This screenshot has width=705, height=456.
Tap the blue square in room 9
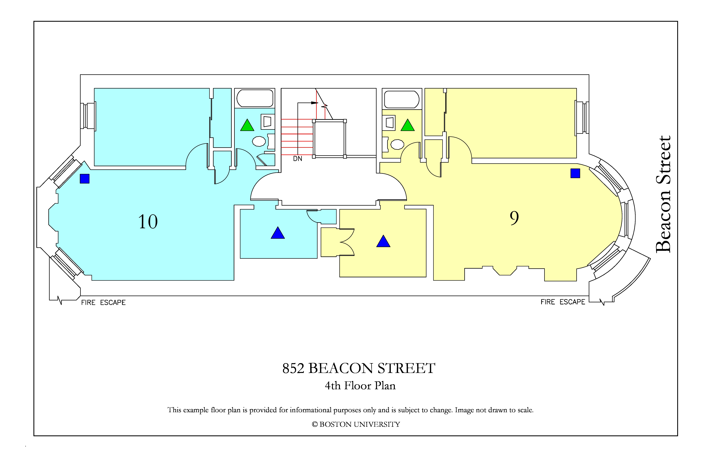pyautogui.click(x=575, y=173)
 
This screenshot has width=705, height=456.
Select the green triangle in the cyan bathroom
pyautogui.click(x=247, y=125)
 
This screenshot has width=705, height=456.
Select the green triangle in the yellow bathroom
pyautogui.click(x=408, y=125)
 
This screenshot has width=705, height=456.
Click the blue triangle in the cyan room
pyautogui.click(x=278, y=233)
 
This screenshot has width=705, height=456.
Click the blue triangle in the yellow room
pyautogui.click(x=383, y=241)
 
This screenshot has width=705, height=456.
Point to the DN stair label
pyautogui.click(x=298, y=159)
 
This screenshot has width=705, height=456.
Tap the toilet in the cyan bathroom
pyautogui.click(x=259, y=141)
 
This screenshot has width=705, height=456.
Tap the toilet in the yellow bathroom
pyautogui.click(x=397, y=145)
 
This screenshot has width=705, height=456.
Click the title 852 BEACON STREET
pyautogui.click(x=359, y=368)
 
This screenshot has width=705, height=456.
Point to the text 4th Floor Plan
pyautogui.click(x=360, y=386)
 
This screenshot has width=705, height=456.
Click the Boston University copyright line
pyautogui.click(x=356, y=424)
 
